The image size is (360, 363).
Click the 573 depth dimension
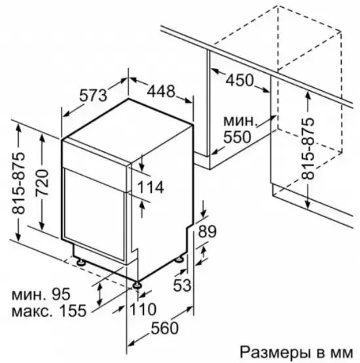click(94, 95)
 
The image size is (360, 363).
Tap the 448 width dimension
click(161, 91)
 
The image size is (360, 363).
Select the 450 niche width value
click(240, 80)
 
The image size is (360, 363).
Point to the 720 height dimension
click(42, 183)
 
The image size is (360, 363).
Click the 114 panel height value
click(151, 187)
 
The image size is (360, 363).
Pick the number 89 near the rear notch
click(207, 231)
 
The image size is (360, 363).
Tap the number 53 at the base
click(182, 285)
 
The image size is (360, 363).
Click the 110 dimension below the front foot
click(143, 309)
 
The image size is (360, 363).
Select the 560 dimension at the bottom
click(165, 328)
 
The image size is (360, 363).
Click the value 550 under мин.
click(237, 137)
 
